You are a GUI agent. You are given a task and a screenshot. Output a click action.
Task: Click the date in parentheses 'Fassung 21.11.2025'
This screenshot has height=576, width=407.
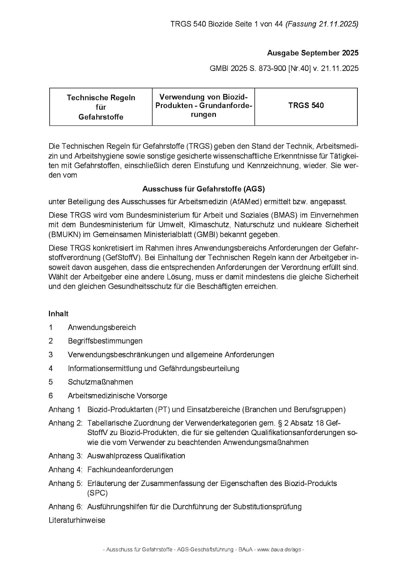322,24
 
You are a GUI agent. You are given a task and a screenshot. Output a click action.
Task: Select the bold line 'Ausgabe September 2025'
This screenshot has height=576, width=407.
313,53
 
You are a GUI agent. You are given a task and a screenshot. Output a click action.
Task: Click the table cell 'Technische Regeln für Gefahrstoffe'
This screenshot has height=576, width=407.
101,107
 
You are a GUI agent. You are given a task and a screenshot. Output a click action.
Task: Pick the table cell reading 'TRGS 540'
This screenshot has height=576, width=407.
306,106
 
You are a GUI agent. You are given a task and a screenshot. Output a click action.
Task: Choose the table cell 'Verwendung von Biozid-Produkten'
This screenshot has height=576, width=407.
203,106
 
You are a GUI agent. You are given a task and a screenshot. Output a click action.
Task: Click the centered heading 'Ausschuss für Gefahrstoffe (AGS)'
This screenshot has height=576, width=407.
203,189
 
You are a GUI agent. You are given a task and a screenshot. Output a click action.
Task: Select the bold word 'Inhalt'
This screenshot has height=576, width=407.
59,314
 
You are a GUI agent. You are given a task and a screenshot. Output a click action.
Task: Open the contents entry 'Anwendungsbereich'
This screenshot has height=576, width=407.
102,327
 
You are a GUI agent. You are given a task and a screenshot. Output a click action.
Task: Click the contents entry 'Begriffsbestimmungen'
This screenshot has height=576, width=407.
105,341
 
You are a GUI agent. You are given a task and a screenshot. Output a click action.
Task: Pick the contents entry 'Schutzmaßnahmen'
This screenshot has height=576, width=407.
100,382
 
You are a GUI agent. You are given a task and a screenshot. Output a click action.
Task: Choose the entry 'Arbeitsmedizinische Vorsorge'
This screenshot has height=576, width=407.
117,396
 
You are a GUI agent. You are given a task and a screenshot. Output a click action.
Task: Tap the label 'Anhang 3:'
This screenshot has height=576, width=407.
66,456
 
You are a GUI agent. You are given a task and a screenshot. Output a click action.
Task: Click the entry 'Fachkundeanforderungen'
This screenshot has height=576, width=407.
130,469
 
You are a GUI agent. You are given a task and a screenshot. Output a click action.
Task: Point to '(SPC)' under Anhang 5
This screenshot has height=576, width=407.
97,493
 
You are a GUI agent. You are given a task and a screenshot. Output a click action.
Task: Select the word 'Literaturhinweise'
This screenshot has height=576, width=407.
77,520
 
